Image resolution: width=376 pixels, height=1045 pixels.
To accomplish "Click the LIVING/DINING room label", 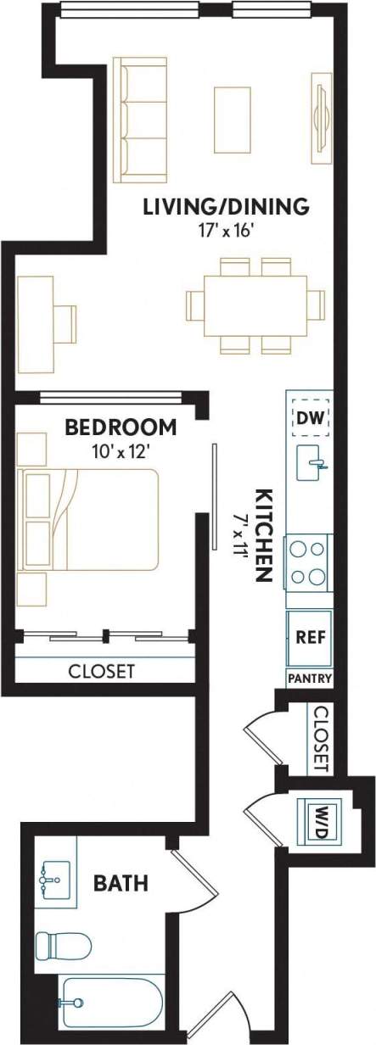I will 225,206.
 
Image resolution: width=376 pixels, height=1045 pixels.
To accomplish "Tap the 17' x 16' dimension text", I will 225,231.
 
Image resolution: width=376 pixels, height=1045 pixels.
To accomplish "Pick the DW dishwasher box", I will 311,417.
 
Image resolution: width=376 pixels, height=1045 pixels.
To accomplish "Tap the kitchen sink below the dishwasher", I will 311,463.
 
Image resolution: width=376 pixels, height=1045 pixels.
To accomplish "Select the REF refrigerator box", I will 310,637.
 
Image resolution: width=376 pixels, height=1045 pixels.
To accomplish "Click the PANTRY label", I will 310,679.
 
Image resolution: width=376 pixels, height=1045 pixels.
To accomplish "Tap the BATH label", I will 121,884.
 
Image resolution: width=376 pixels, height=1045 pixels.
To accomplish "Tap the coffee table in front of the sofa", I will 232,119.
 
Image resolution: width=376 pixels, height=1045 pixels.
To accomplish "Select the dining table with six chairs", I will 255,305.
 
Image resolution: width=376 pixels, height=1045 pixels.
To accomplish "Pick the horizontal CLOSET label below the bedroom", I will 101,671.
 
